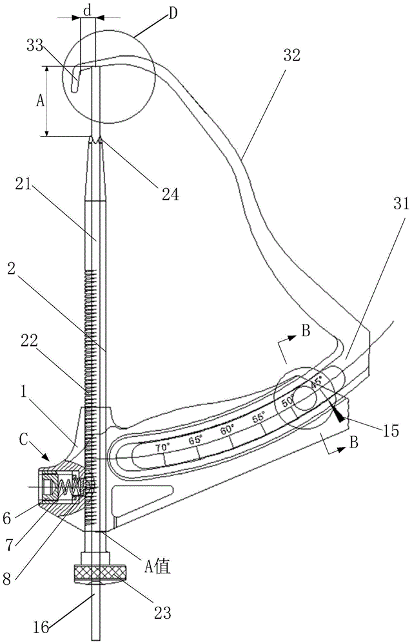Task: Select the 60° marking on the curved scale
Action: pyautogui.click(x=226, y=428)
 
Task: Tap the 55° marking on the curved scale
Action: pyautogui.click(x=259, y=417)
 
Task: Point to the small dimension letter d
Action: pyautogui.click(x=88, y=9)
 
